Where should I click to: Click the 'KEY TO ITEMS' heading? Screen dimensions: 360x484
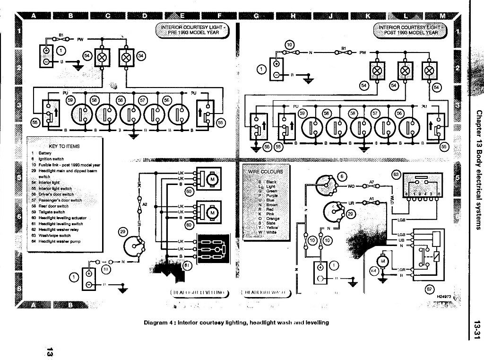(x=64, y=147)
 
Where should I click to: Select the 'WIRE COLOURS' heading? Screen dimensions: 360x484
(x=266, y=171)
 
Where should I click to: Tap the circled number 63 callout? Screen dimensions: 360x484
(x=396, y=175)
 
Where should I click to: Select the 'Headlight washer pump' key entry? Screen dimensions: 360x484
(x=59, y=241)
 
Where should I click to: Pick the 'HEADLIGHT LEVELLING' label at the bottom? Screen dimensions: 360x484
(x=197, y=293)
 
